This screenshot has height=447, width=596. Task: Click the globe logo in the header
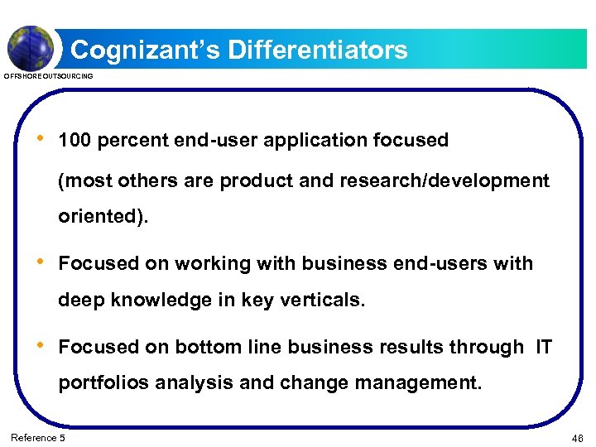pyautogui.click(x=31, y=47)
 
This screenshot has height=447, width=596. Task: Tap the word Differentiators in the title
pyautogui.click(x=318, y=50)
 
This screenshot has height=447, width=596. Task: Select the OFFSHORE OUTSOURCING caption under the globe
pyautogui.click(x=49, y=76)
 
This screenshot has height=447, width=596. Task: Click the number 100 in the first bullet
pyautogui.click(x=74, y=141)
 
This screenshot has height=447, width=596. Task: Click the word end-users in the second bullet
pyautogui.click(x=446, y=264)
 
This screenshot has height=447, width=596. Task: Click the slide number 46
pyautogui.click(x=577, y=438)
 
